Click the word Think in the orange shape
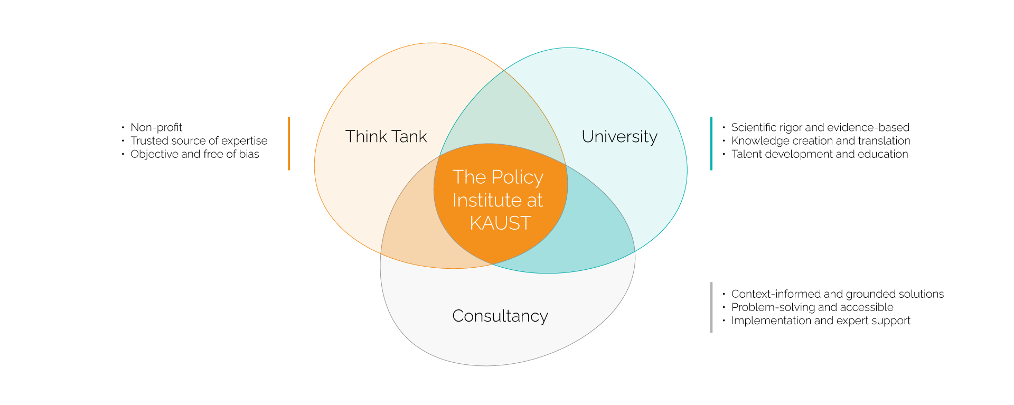coord(366,136)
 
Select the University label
coord(619,137)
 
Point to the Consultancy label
coord(500,316)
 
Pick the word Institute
coord(487,200)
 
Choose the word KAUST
coord(500,223)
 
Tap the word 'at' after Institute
coord(535,201)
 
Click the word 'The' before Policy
coord(469,177)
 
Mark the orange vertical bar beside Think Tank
coord(289,144)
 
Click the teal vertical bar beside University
coord(711,144)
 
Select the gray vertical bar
coord(711,307)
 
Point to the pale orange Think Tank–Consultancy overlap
coord(417,232)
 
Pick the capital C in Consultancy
coord(458,316)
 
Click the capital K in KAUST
coord(475,223)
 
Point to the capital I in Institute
coord(455,200)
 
